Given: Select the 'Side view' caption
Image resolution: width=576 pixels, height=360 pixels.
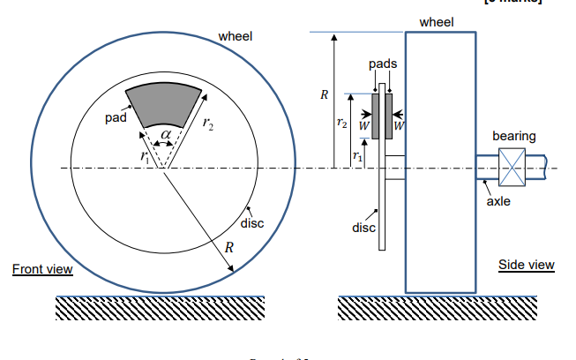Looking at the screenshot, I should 526,264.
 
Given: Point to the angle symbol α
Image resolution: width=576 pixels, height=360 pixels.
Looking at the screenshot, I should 165,133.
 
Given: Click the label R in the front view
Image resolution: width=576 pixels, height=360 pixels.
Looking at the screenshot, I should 229,247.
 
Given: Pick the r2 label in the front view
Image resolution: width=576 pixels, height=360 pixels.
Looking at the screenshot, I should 206,125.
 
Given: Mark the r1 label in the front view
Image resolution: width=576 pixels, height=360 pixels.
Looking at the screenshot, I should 145,156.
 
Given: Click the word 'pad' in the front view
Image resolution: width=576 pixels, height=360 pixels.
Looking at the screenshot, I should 116,116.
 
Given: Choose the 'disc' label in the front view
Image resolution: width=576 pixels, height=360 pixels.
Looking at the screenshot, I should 252,223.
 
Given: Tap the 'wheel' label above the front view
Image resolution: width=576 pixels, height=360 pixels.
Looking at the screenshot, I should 235,36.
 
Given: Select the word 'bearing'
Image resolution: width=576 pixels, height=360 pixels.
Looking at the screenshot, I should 513,136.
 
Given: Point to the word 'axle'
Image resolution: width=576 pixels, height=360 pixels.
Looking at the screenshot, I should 498,201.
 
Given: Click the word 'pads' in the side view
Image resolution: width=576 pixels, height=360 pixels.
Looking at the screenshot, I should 383,64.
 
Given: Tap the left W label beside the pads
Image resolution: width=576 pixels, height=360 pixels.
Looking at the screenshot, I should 364,126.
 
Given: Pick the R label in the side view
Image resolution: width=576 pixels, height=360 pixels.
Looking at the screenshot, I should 325,94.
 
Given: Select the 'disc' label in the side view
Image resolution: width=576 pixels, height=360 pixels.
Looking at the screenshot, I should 363,228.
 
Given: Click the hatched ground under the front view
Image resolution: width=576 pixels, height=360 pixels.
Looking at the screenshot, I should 160,307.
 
